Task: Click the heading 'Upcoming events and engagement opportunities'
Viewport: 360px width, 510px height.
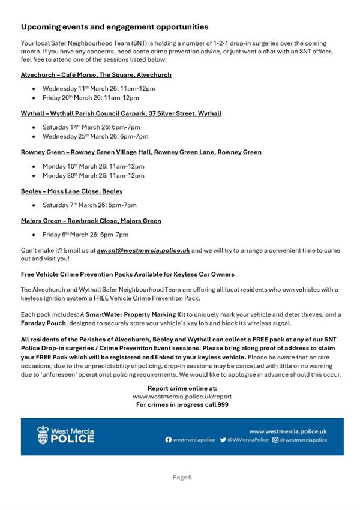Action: pyautogui.click(x=115, y=27)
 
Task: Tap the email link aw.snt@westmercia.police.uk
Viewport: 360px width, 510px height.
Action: pyautogui.click(x=143, y=250)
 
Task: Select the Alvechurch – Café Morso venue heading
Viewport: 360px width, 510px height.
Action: pyautogui.click(x=96, y=75)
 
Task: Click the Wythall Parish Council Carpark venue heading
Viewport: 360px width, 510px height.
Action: pyautogui.click(x=121, y=113)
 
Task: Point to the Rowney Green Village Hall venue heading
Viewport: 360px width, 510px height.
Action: pyautogui.click(x=141, y=152)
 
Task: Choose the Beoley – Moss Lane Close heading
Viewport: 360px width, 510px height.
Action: pyautogui.click(x=72, y=191)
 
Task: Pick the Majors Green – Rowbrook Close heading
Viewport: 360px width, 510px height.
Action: pyautogui.click(x=91, y=221)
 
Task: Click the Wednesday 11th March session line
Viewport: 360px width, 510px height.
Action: pyautogui.click(x=99, y=88)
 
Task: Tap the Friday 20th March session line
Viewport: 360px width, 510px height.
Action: pyautogui.click(x=91, y=98)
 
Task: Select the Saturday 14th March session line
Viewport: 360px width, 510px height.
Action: pyautogui.click(x=91, y=127)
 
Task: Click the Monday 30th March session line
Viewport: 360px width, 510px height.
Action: pyautogui.click(x=94, y=176)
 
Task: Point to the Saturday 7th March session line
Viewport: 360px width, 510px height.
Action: pyautogui.click(x=89, y=205)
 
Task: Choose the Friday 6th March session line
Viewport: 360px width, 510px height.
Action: pyautogui.click(x=85, y=235)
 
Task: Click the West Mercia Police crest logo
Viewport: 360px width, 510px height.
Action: pyautogui.click(x=43, y=436)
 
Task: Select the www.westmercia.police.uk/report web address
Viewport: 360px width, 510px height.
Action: pyautogui.click(x=182, y=397)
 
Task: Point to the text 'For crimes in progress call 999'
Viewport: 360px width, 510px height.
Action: pyautogui.click(x=182, y=404)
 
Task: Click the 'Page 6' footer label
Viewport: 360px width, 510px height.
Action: pyautogui.click(x=182, y=478)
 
